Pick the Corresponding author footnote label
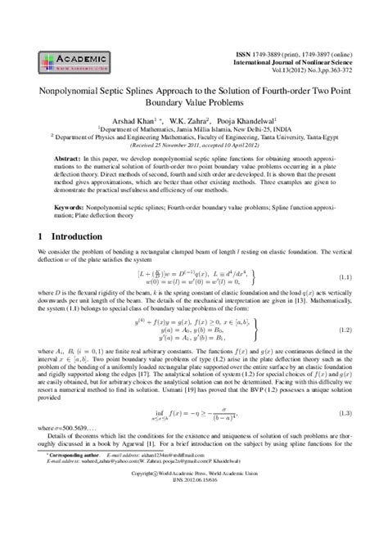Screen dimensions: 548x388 73,499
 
